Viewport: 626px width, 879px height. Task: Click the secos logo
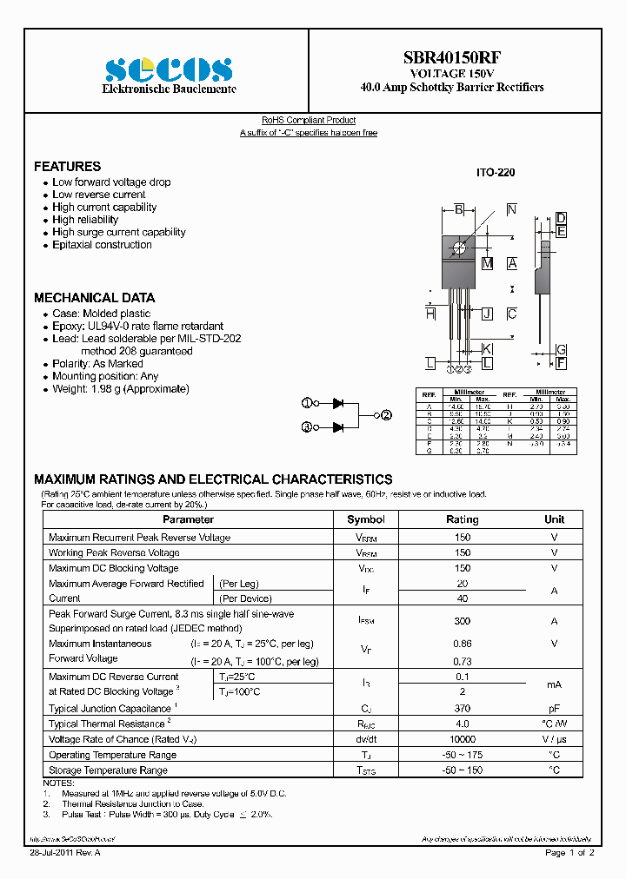(x=168, y=69)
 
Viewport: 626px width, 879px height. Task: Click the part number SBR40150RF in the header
(x=451, y=58)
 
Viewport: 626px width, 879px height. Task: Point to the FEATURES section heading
(x=67, y=166)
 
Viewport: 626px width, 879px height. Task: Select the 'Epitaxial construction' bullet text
(x=102, y=245)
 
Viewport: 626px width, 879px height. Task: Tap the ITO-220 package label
(x=495, y=173)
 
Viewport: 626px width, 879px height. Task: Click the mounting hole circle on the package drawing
(x=458, y=249)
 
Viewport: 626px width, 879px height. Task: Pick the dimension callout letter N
(x=511, y=209)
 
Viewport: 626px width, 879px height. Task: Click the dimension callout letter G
(x=562, y=348)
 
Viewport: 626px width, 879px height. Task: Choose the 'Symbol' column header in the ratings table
(x=365, y=519)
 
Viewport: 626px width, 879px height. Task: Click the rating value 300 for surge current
(x=462, y=621)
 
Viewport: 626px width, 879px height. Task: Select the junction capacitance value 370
(x=462, y=709)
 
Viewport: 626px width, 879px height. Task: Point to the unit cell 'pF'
(x=554, y=709)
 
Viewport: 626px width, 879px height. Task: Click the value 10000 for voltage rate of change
(x=462, y=739)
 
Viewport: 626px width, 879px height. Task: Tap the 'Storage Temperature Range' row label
(x=108, y=770)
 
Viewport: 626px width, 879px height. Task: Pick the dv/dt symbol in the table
(x=365, y=739)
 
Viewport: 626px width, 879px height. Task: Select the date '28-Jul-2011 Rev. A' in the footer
(x=65, y=853)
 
